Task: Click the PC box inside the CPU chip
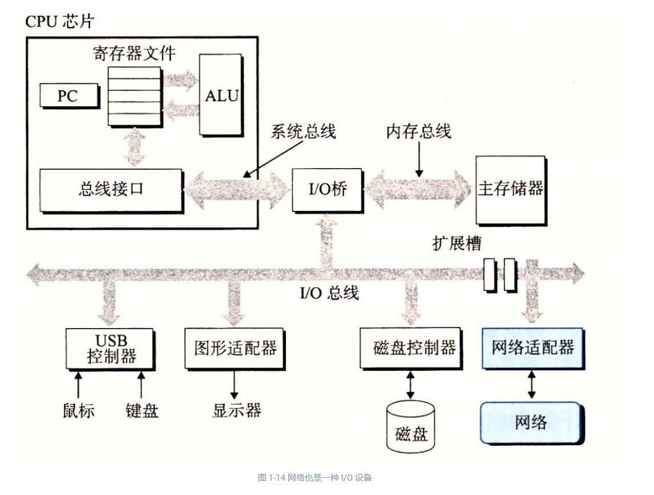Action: [67, 95]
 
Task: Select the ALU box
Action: [221, 94]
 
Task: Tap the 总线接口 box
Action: [111, 188]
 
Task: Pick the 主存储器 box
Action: [510, 189]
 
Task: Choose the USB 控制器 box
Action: [110, 348]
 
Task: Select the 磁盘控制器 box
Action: [411, 348]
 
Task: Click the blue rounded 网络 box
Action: [531, 422]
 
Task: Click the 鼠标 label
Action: [78, 410]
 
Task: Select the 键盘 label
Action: [142, 410]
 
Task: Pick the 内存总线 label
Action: [418, 132]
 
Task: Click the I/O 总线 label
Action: [330, 293]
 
